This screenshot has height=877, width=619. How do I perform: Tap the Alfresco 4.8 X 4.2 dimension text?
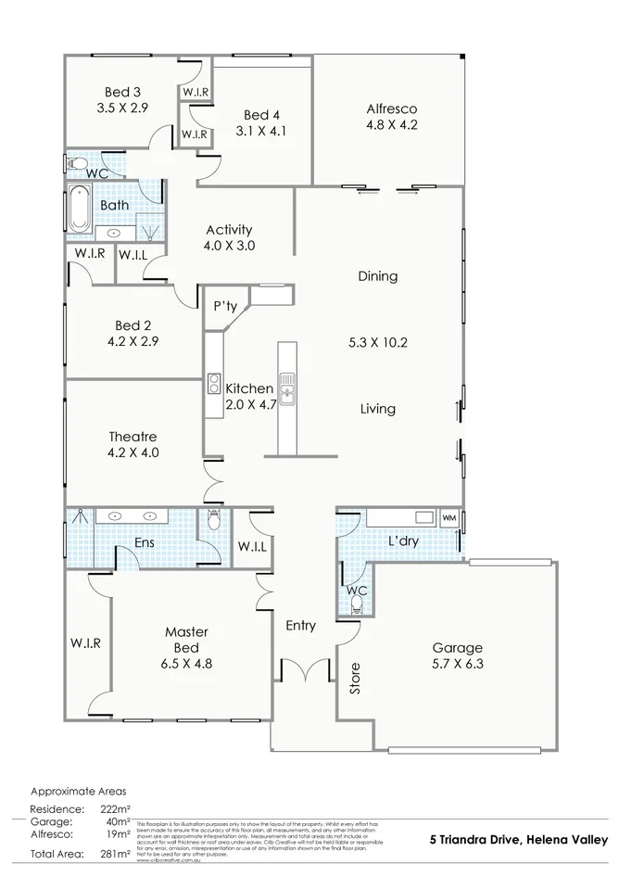pyautogui.click(x=392, y=123)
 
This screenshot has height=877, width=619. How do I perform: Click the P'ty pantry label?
pyautogui.click(x=225, y=306)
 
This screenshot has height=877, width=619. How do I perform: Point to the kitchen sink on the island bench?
pyautogui.click(x=287, y=388)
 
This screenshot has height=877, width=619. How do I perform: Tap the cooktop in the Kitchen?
pyautogui.click(x=213, y=384)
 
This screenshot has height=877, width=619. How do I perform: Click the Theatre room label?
pyautogui.click(x=133, y=437)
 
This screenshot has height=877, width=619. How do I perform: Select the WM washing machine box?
pyautogui.click(x=449, y=517)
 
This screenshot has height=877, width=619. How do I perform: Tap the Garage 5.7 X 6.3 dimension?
pyautogui.click(x=458, y=664)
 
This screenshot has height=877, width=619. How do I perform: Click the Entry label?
pyautogui.click(x=300, y=626)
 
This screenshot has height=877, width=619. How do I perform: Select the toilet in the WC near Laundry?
pyautogui.click(x=357, y=604)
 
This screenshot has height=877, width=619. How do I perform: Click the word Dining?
pyautogui.click(x=377, y=275)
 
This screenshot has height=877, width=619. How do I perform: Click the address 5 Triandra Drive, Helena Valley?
pyautogui.click(x=518, y=840)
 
